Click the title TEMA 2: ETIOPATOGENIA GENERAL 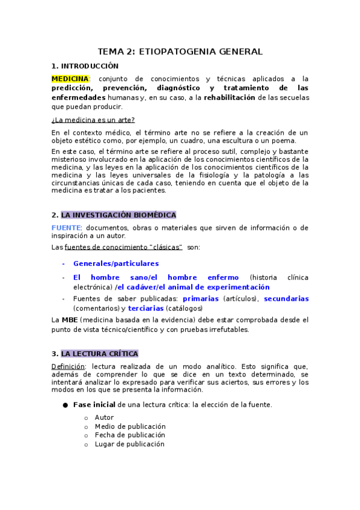point(180,52)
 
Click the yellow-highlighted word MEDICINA point(70,79)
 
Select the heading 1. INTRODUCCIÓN point(85,66)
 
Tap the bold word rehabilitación point(230,97)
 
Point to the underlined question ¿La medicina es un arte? point(93,120)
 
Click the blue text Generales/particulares point(116,263)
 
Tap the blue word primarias point(201,298)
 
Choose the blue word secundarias point(286,298)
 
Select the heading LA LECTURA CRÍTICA point(99,354)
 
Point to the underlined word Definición point(68,366)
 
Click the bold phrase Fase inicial point(94,405)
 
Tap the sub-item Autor point(104,417)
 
